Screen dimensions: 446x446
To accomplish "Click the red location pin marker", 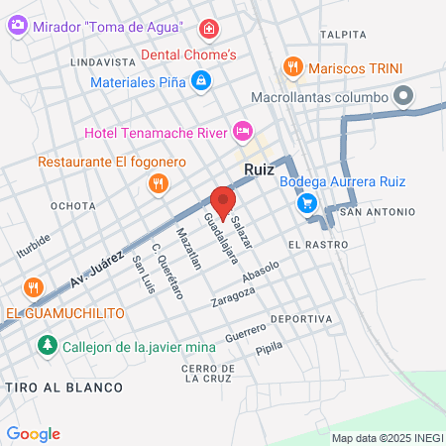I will [x=223, y=201].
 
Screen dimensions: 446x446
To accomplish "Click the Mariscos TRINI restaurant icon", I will [x=291, y=66].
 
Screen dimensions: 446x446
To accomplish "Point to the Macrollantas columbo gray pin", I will [x=402, y=97].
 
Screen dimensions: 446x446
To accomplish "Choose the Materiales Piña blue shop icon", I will [x=201, y=81].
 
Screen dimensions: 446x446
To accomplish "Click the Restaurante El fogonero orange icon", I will [x=157, y=183].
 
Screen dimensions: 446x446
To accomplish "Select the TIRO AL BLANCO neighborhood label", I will [x=61, y=386].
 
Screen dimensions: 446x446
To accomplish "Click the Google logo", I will [x=33, y=433].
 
